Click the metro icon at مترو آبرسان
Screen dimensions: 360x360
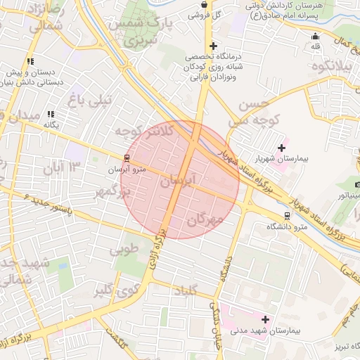[x=127, y=158]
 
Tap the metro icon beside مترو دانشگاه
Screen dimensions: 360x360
[x=286, y=215]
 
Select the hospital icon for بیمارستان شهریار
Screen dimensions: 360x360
[x=282, y=148]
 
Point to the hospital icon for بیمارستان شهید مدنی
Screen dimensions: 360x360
[x=265, y=319]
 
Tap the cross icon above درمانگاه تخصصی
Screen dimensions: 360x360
[x=203, y=46]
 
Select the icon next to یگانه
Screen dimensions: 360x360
[x=50, y=113]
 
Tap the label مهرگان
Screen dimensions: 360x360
[x=205, y=220]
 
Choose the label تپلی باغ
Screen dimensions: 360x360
[x=89, y=100]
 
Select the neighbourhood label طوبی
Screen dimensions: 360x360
[x=124, y=249]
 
